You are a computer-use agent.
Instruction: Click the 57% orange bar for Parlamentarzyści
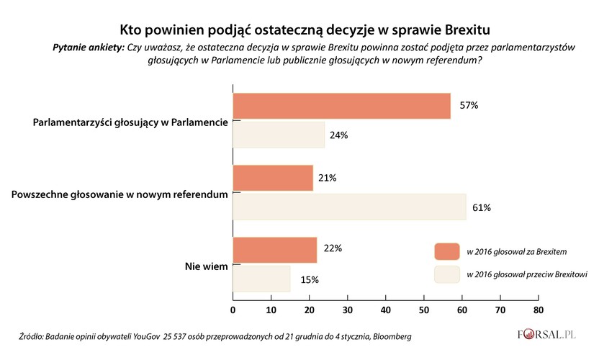coord(341,106)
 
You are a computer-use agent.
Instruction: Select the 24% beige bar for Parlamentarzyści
coord(279,135)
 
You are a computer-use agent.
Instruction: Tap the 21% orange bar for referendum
coord(273,178)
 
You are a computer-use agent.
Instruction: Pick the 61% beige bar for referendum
coord(349,207)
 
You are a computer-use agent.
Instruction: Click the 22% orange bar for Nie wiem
coord(275,249)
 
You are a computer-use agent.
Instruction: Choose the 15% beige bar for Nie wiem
coord(261,279)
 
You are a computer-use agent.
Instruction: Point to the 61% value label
coord(482,208)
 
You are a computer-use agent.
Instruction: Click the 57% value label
coord(469,106)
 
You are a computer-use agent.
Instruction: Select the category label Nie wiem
coord(207,266)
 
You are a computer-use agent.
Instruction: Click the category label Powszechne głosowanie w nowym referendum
coord(121,194)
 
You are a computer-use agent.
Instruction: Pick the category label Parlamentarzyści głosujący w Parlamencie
coord(130,122)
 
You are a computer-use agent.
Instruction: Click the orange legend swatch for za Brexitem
coord(446,251)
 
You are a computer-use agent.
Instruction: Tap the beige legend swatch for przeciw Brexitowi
coord(446,274)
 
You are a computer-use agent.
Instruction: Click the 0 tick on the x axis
coord(233,310)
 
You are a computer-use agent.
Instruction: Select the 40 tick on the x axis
coord(385,310)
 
